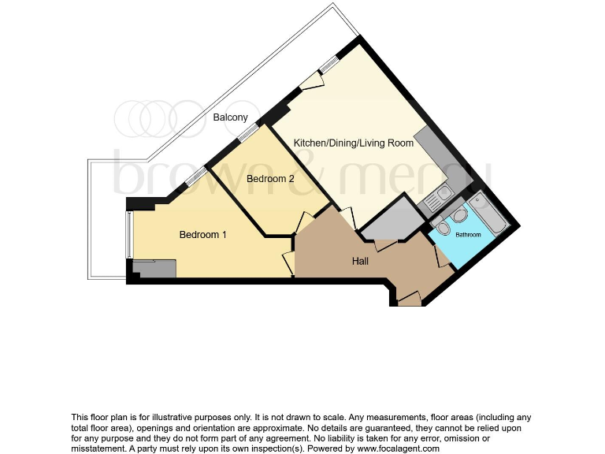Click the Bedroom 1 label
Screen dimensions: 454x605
202,234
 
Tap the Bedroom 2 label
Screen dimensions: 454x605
270,179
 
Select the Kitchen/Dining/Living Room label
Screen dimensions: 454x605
353,143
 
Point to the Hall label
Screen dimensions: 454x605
361,261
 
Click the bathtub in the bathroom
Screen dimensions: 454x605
487,212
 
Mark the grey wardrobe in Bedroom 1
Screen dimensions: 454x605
154,269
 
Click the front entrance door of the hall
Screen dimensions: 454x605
409,299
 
